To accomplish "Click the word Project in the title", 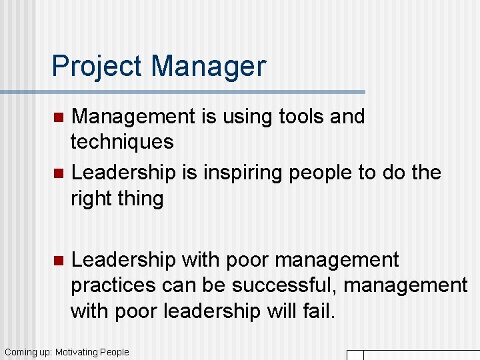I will point(97,67).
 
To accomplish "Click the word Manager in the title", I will point(208,67).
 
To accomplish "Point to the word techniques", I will point(122,142).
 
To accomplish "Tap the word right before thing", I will point(91,199).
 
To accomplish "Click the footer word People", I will point(114,352).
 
